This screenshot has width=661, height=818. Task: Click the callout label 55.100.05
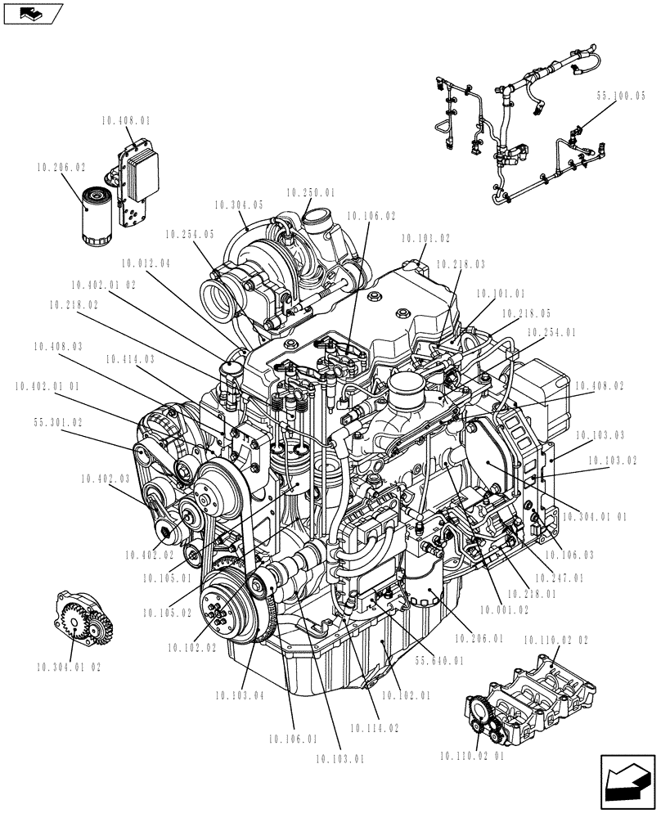[x=621, y=96]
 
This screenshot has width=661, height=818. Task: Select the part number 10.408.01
[x=127, y=120]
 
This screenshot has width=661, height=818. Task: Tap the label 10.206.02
[x=61, y=166]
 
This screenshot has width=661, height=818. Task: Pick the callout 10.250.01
[x=311, y=193]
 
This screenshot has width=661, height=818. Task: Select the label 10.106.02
[x=371, y=216]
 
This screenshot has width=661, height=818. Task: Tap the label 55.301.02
[x=58, y=423]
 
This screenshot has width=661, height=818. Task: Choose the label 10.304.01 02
[x=70, y=667]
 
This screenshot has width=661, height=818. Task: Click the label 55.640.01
[x=439, y=660]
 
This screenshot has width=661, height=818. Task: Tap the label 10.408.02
[x=599, y=384]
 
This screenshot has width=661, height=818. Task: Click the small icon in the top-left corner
[x=34, y=13]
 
